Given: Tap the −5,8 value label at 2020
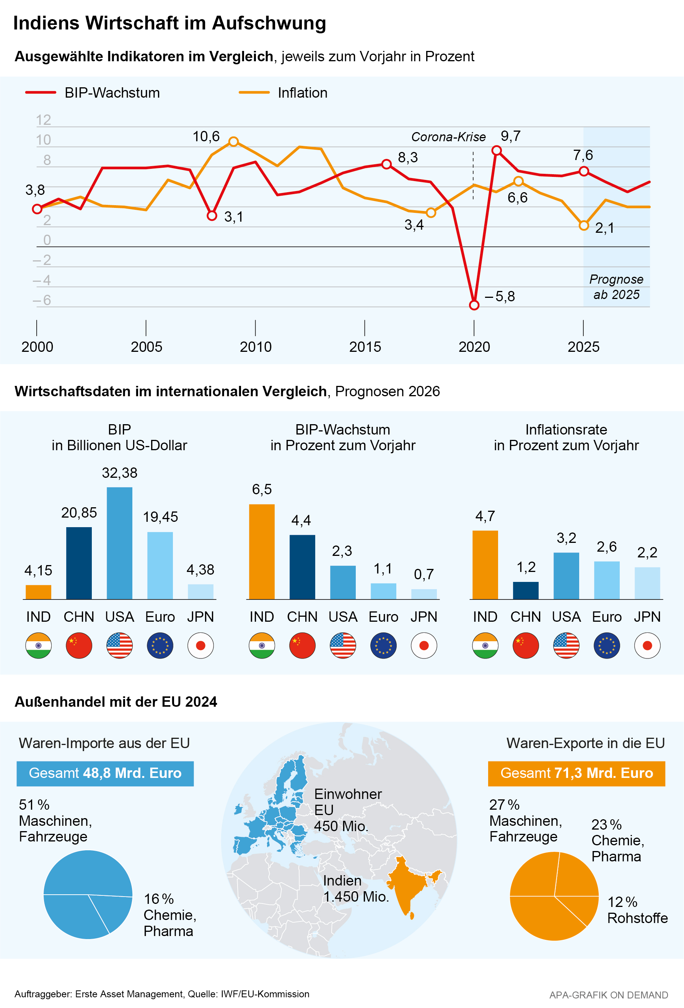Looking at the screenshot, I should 500,297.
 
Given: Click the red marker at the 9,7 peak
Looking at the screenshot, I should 497,150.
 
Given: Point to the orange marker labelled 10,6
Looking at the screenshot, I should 234,141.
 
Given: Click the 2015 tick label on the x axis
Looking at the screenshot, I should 365,347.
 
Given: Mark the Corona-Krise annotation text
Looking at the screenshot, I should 448,137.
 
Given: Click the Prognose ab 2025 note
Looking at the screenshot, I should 616,287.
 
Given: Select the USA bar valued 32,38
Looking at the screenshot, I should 120,543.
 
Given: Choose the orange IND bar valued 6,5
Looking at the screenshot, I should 262,551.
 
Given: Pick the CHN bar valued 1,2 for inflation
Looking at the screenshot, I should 526,590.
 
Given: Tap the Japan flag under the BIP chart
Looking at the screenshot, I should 201,646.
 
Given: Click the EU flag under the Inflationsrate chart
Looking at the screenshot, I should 607,646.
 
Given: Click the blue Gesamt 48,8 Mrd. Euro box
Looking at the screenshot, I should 105,773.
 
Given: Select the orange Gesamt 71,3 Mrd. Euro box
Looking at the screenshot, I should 577,773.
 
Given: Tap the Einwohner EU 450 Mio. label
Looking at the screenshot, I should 348,810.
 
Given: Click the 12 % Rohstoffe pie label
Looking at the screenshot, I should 637,910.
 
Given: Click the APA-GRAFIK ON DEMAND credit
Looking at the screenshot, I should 609,995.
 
